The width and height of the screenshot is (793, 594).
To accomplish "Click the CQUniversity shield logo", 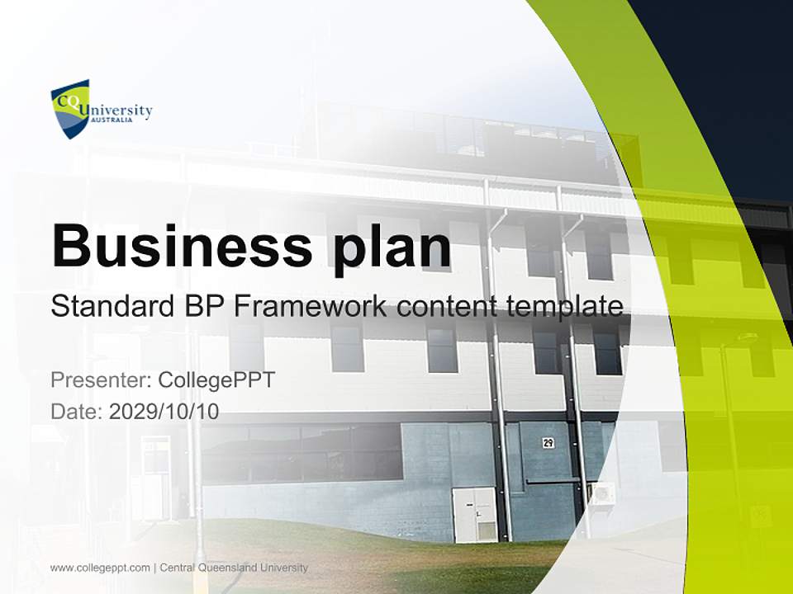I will (69, 108).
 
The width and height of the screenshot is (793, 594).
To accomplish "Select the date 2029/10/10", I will (164, 411).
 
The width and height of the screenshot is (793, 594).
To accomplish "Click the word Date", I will (76, 411).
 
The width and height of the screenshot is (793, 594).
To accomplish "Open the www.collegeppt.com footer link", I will (100, 568).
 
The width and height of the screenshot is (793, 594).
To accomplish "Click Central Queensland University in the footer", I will (234, 568).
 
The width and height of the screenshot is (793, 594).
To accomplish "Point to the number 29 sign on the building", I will (548, 443).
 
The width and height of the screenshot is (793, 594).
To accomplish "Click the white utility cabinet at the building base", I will (474, 514).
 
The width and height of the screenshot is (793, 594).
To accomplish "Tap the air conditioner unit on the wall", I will (602, 494).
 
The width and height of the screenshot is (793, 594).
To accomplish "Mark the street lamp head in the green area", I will (746, 337).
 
